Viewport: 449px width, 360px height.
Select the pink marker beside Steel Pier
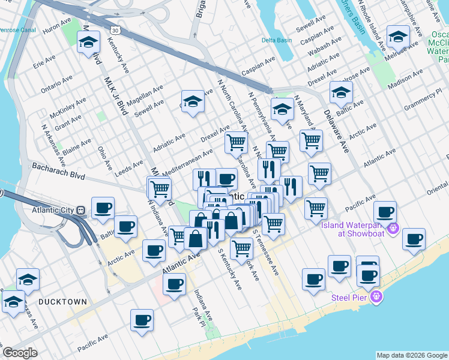tap(376, 296)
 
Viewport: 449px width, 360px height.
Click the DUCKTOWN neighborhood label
tap(62, 302)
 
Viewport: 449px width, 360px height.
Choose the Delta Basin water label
tap(276, 41)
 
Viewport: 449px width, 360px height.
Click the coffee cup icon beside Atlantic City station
tap(103, 208)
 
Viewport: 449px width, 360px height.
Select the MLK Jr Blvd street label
tap(116, 95)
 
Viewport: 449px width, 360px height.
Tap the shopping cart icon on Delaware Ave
tap(311, 140)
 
